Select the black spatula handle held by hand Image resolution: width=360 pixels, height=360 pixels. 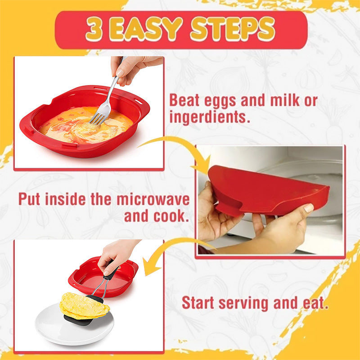click(x=109, y=274)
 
